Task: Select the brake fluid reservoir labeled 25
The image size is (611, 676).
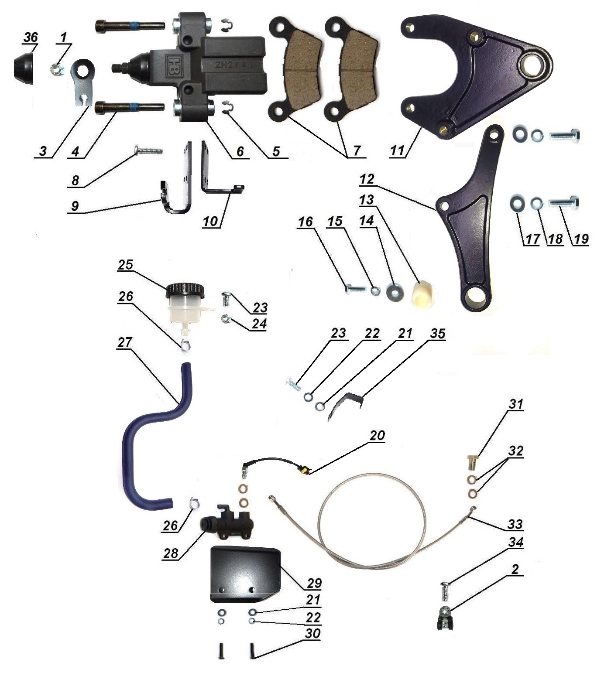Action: point(185,305)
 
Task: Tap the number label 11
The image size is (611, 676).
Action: point(398,150)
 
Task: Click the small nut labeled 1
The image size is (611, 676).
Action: point(55,68)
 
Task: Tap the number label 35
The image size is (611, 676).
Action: point(437,334)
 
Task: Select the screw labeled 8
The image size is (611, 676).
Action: point(148,151)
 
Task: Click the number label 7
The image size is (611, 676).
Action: point(357,151)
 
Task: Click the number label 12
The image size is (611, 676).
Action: point(367,179)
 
